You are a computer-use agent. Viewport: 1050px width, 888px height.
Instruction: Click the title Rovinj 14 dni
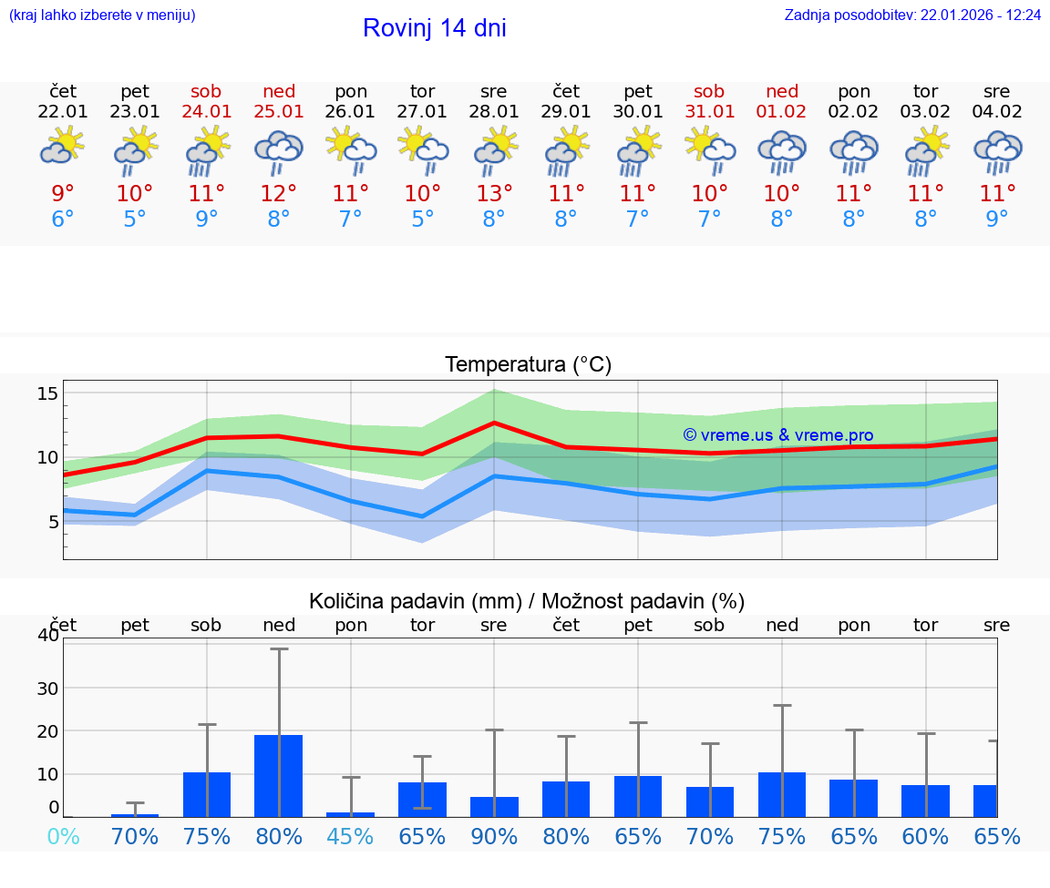click(x=434, y=28)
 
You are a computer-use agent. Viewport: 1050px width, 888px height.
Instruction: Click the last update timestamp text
click(x=912, y=15)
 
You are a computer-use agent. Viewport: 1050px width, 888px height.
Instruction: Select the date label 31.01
click(x=709, y=112)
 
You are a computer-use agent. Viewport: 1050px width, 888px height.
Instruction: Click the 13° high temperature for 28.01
click(x=494, y=193)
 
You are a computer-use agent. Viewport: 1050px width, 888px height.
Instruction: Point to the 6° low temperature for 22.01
click(x=63, y=219)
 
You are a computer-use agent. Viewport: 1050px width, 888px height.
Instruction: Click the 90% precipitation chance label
click(x=494, y=836)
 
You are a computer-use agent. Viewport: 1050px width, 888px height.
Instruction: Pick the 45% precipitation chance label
click(x=351, y=836)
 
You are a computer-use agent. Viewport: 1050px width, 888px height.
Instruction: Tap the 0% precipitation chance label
click(x=63, y=836)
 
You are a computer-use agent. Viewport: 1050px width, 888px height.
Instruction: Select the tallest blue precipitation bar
click(x=278, y=775)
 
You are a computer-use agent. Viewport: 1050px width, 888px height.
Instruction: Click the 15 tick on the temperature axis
click(x=47, y=393)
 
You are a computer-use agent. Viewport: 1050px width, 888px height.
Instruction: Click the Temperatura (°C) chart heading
click(x=528, y=365)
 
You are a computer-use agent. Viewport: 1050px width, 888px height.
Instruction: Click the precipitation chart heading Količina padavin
click(x=527, y=601)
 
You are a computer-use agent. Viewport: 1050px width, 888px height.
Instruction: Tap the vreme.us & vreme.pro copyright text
click(x=778, y=435)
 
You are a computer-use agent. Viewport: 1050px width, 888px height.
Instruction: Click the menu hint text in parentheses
click(x=102, y=15)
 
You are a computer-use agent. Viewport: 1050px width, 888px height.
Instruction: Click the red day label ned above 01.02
click(x=781, y=92)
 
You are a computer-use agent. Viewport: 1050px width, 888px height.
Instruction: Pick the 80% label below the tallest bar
click(x=279, y=836)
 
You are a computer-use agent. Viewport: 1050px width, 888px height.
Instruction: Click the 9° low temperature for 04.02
click(x=997, y=219)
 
